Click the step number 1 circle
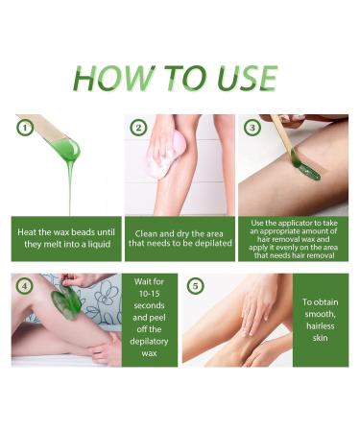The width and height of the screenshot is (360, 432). click(22, 126)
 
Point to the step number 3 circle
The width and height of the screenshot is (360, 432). click(252, 127)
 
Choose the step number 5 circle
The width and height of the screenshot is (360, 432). click(195, 285)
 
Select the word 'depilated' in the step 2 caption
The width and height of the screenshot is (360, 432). click(211, 245)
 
